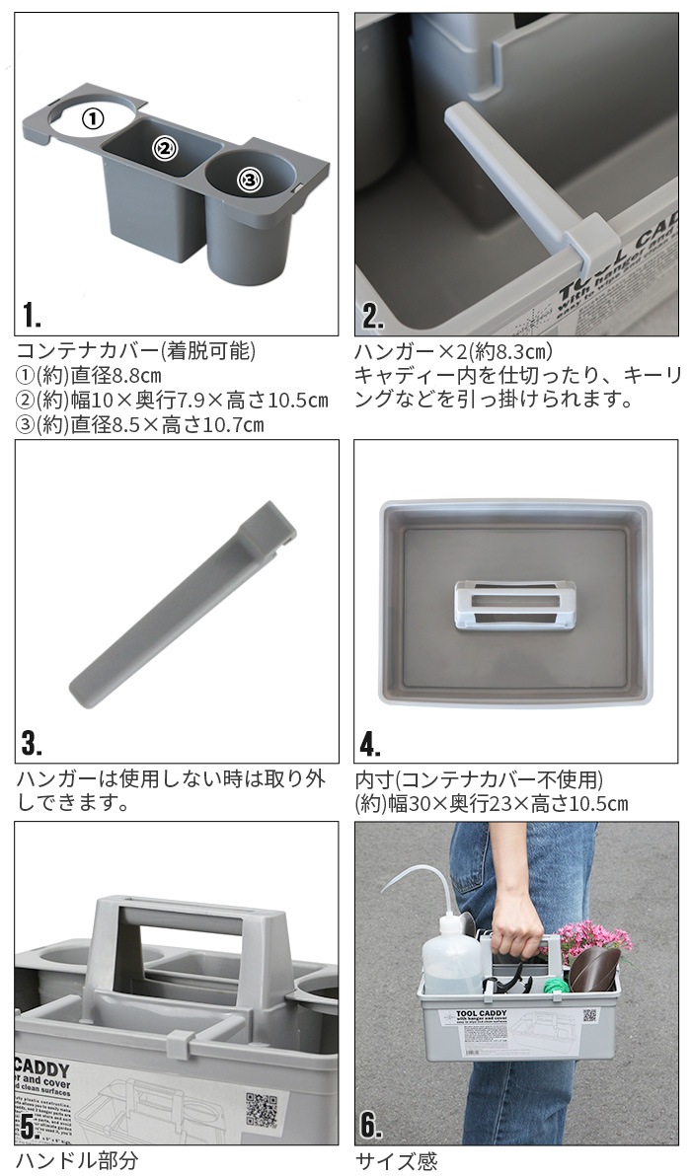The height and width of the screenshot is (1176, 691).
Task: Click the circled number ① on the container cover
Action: pyautogui.click(x=92, y=119)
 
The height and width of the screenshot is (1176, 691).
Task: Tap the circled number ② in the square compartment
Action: pyautogui.click(x=164, y=149)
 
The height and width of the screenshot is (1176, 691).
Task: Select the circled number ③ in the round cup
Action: pyautogui.click(x=249, y=179)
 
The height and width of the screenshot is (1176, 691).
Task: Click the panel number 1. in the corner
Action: pyautogui.click(x=32, y=315)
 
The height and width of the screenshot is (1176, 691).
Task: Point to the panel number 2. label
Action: pyautogui.click(x=372, y=315)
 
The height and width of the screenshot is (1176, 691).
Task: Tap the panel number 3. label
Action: pyautogui.click(x=32, y=741)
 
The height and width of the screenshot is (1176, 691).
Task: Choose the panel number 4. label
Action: pyautogui.click(x=372, y=741)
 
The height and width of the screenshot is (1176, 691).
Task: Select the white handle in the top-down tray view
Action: pyautogui.click(x=513, y=606)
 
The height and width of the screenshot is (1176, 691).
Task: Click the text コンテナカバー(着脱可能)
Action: pyautogui.click(x=136, y=351)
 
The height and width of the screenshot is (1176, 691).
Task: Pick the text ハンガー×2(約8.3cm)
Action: pyautogui.click(x=453, y=351)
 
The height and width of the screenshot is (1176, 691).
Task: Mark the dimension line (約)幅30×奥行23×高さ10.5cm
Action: pyautogui.click(x=491, y=803)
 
